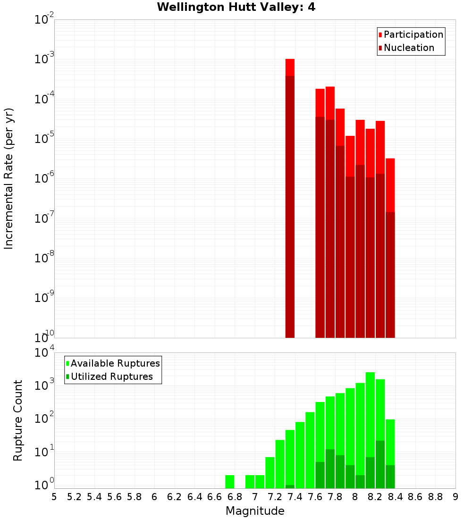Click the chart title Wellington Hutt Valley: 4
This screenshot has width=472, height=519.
[236, 7]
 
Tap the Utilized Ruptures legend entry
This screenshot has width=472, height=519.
[111, 377]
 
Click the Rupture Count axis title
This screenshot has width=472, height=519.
[18, 420]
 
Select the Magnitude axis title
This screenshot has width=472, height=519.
[255, 511]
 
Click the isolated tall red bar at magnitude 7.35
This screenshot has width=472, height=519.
[290, 198]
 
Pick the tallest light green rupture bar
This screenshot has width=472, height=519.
[370, 425]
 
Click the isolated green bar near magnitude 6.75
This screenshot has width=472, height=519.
[230, 482]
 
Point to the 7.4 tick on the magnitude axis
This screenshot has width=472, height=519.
[295, 497]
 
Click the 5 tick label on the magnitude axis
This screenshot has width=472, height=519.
[54, 497]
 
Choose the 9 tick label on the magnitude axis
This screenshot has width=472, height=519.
[455, 497]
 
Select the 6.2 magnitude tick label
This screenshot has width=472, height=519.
[175, 497]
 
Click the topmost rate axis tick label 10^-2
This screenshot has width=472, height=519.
[44, 20]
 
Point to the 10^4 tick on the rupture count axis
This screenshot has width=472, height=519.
[44, 353]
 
